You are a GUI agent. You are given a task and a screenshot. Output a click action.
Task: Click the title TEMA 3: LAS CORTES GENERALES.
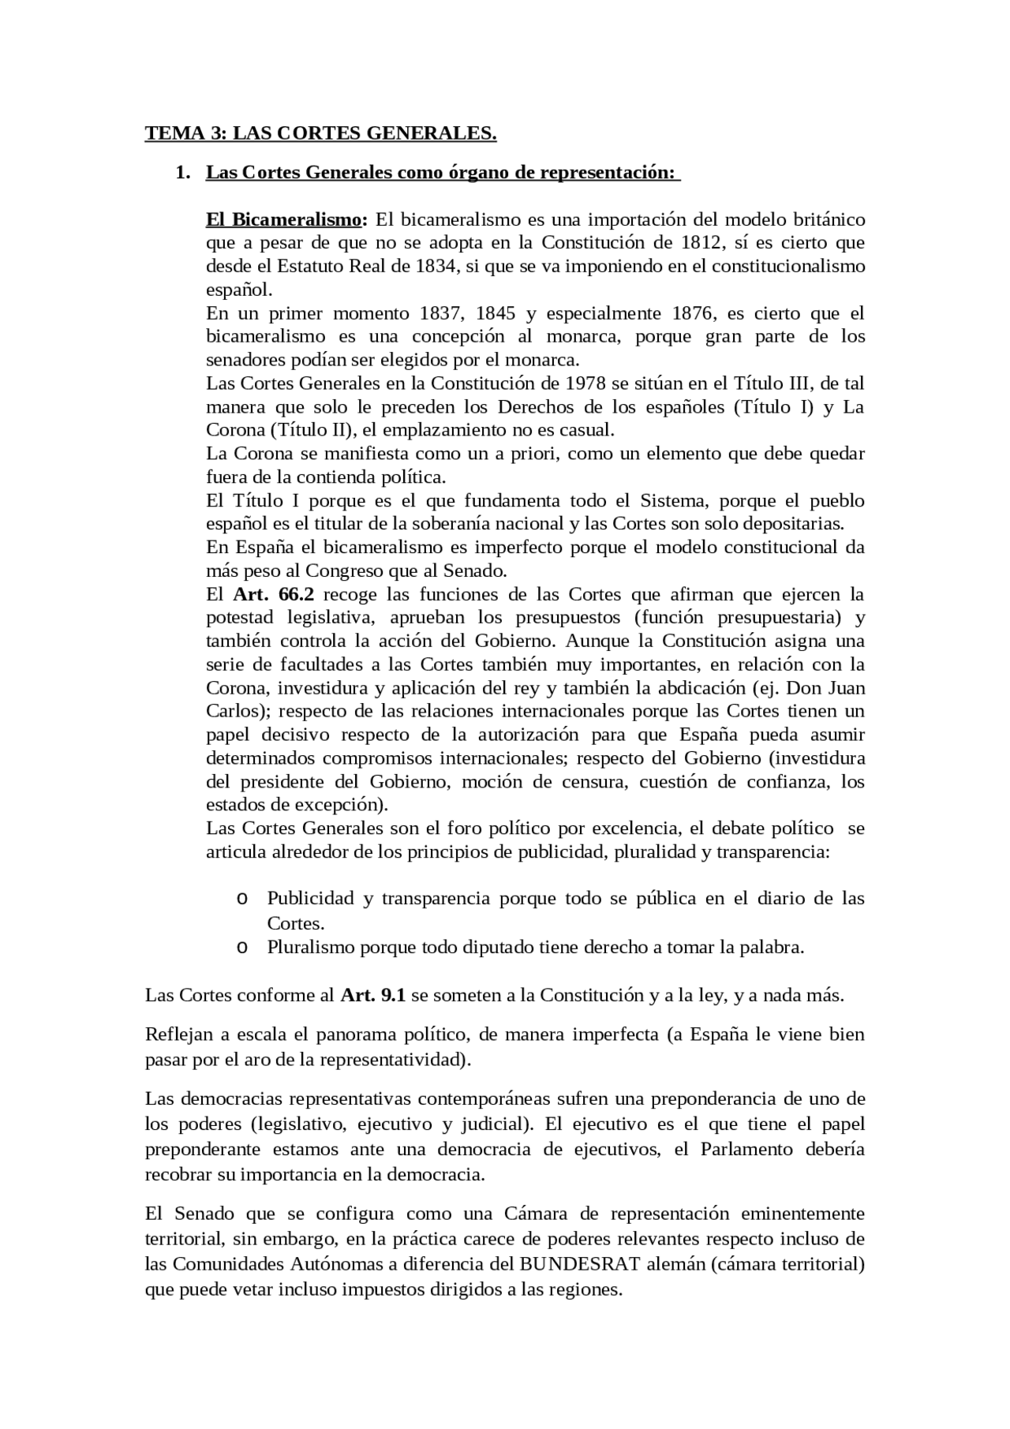point(320,133)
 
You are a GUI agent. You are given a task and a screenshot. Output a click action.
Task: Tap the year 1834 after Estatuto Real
point(436,266)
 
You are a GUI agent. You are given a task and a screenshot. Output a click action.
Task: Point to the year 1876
point(692,313)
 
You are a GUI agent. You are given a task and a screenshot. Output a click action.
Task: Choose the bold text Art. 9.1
point(372,995)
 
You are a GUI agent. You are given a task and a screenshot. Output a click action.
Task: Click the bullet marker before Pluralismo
point(242,947)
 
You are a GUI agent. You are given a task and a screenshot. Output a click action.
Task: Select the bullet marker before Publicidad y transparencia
point(242,899)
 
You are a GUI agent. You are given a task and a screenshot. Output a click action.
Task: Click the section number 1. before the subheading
point(182,173)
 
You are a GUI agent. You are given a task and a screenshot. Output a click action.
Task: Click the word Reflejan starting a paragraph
point(178,1034)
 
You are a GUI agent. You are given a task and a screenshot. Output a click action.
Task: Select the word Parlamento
point(746,1149)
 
